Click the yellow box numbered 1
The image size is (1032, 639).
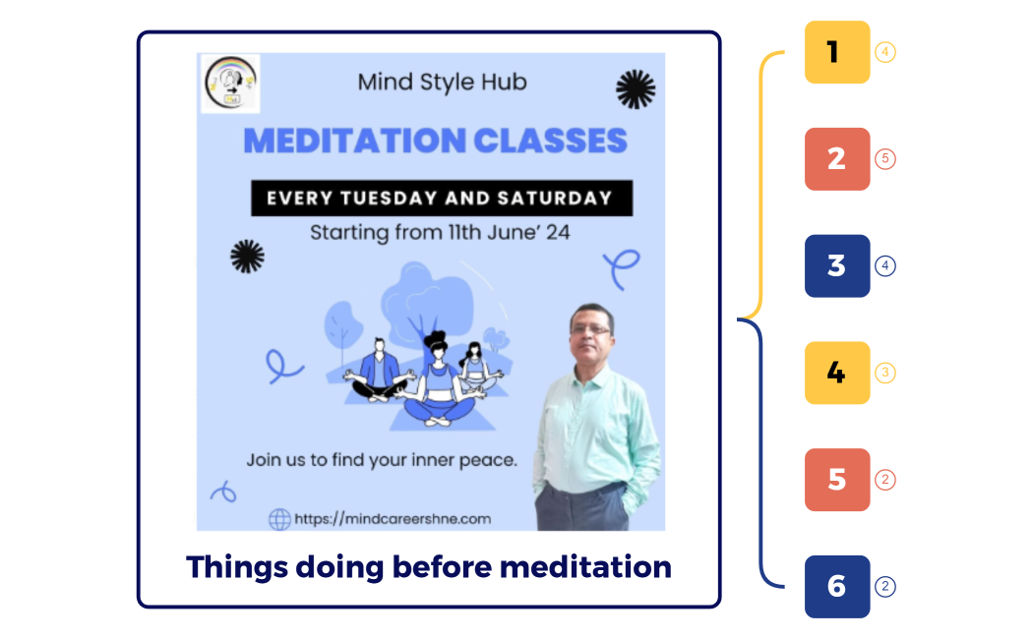(837, 52)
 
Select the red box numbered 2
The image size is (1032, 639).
(837, 159)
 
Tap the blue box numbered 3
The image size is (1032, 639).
(837, 266)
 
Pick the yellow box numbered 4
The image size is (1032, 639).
(837, 374)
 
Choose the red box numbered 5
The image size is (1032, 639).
(837, 480)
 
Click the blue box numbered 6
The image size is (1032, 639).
(837, 587)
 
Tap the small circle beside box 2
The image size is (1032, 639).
(885, 159)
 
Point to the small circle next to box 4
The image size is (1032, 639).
(885, 374)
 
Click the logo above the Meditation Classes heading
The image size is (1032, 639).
(229, 84)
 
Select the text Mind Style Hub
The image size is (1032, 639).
(442, 83)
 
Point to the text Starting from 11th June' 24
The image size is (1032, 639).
(440, 234)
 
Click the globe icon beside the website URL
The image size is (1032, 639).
(279, 518)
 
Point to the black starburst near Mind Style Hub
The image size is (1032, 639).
(635, 88)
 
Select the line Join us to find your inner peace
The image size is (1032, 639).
(382, 459)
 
